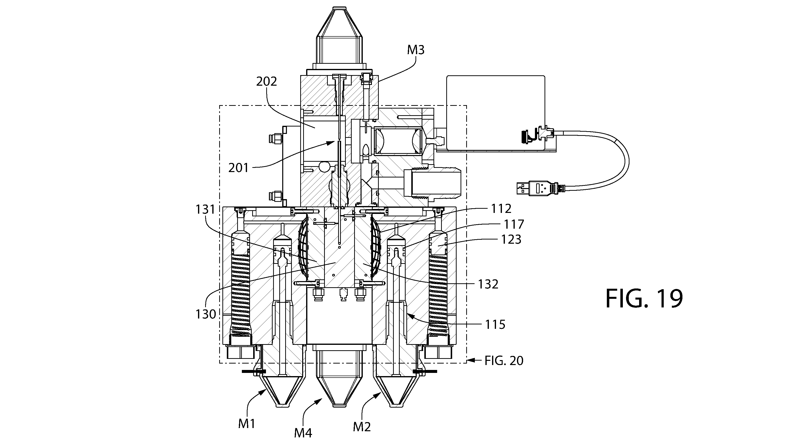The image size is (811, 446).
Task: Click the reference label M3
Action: coord(415,50)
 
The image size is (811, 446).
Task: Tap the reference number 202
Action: coord(266,81)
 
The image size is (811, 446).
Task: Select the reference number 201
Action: coord(239,168)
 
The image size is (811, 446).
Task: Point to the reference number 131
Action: coord(205,209)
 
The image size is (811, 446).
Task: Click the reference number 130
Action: coord(206,314)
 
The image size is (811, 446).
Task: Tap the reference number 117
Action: coord(514,224)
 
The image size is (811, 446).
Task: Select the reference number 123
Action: coord(511,239)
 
